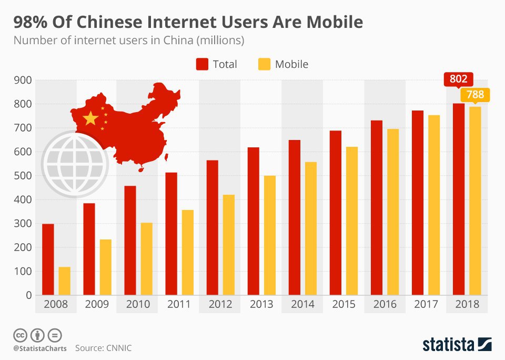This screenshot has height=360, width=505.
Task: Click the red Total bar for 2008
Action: (x=48, y=259)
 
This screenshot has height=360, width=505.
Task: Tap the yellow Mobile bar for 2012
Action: (x=229, y=245)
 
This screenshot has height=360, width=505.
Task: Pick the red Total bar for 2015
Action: (x=336, y=213)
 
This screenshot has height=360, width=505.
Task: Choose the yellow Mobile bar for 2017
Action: (x=435, y=205)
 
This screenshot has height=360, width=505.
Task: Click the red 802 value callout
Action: (x=458, y=80)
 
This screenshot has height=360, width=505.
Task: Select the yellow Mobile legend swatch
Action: (x=265, y=64)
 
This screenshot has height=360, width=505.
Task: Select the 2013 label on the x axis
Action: (x=261, y=304)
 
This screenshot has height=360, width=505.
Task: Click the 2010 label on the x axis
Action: (x=138, y=304)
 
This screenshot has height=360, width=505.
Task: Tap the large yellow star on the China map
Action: (x=91, y=118)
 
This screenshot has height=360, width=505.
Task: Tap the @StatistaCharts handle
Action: (x=40, y=348)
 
